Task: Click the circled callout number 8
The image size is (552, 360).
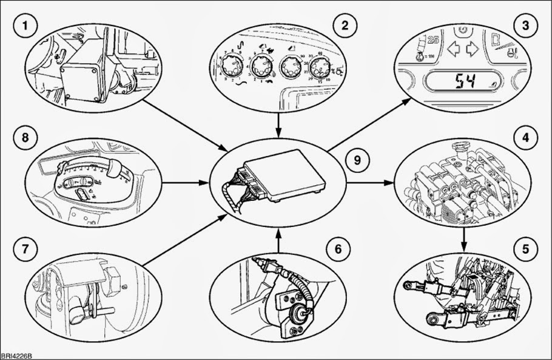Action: tap(26, 137)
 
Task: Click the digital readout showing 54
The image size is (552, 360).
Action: tap(466, 82)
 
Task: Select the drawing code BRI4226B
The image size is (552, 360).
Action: tap(16, 355)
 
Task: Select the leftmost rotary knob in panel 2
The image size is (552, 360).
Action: tap(231, 63)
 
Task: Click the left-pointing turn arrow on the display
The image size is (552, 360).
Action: tap(452, 49)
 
